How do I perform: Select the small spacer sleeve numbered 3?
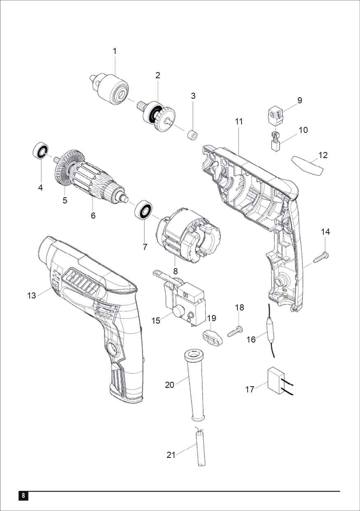coord(193,135)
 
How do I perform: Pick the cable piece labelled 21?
coord(200,447)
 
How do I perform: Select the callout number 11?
coord(239,122)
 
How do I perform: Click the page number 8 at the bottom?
coord(23,495)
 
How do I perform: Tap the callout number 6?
coord(93,215)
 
